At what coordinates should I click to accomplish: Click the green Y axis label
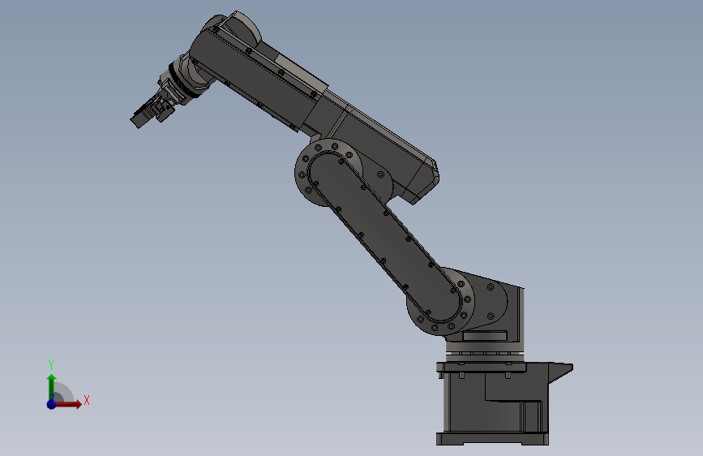51,364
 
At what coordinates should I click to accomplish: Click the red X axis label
86,400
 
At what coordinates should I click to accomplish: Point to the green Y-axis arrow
51,383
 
